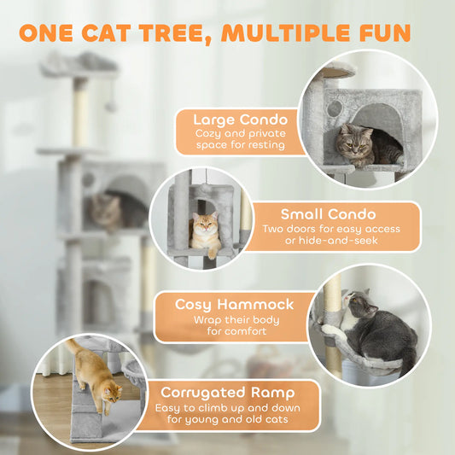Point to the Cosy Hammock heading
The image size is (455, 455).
(234, 304)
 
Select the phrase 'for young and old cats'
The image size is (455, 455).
(234, 420)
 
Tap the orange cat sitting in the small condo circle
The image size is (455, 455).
(205, 236)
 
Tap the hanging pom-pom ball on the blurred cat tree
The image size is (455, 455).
(111, 106)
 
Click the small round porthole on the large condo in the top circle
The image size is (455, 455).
(331, 109)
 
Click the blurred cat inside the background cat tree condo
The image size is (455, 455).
(104, 210)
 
